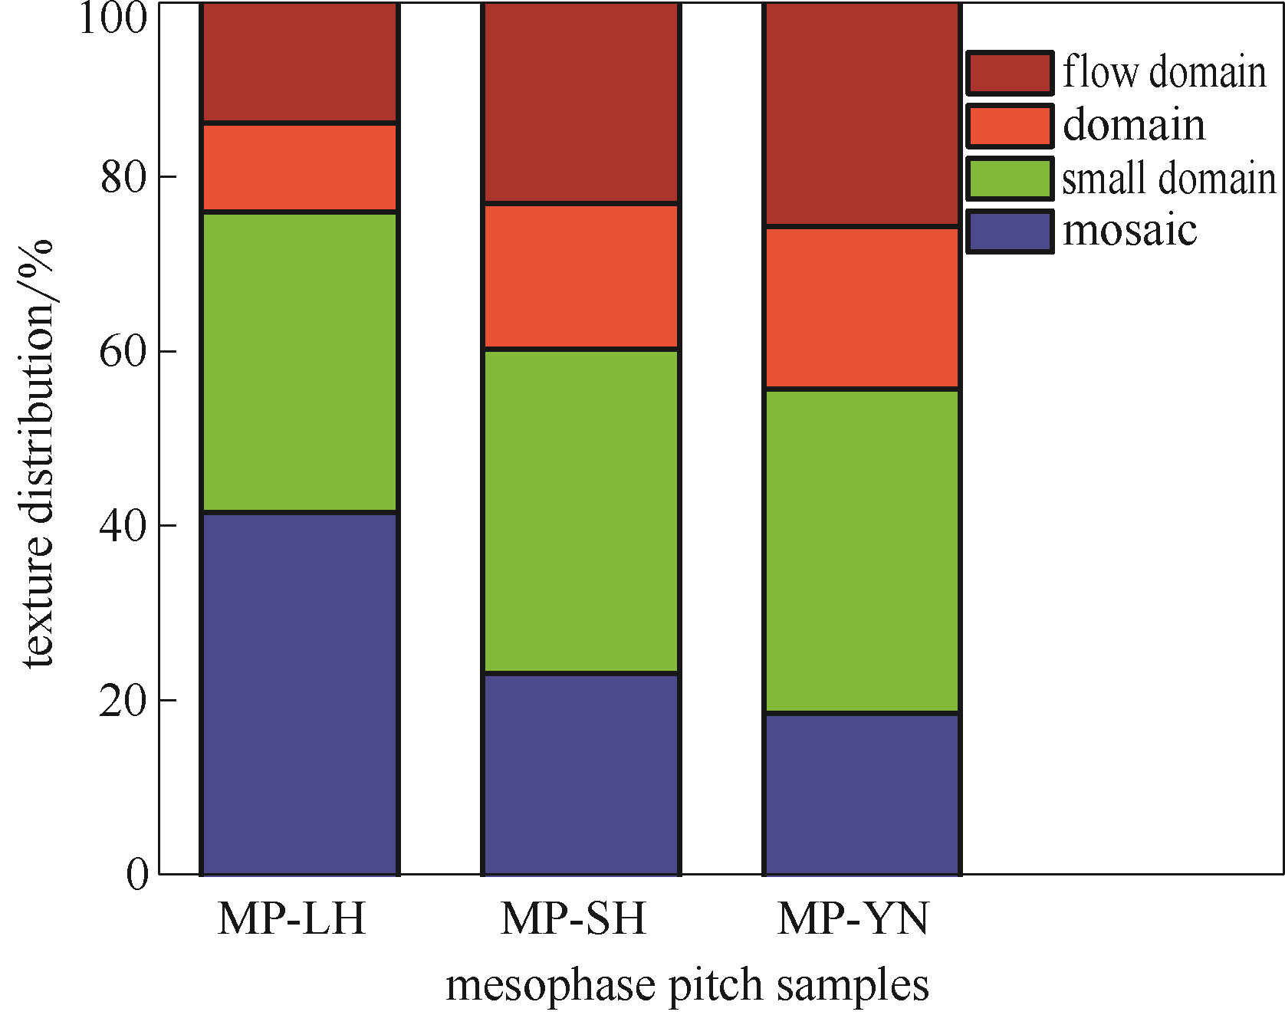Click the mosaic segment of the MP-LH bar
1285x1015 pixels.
299,693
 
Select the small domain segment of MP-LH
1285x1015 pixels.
299,362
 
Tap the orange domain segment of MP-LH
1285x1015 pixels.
299,167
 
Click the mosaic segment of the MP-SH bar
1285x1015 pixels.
580,774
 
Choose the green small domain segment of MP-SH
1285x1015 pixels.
580,511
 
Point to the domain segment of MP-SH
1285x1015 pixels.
580,277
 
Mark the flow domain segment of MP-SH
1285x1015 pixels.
580,103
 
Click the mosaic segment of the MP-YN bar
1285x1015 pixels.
862,794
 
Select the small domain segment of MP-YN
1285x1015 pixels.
862,551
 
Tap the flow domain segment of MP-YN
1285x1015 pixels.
862,115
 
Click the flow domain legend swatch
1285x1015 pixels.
1009,74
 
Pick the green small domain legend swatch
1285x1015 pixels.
1009,179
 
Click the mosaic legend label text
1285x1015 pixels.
1129,231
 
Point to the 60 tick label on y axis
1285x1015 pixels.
123,352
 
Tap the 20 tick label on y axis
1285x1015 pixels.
123,701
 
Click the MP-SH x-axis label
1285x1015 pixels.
573,918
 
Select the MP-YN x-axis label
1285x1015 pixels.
853,918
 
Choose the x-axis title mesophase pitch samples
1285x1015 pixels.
687,986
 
